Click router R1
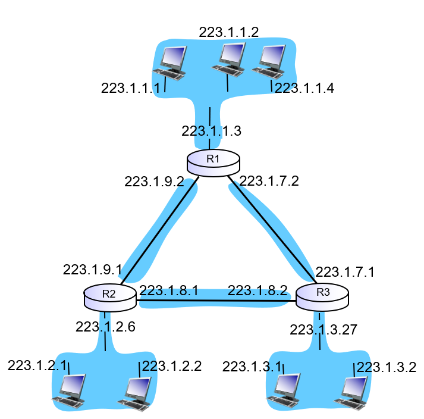(213, 162)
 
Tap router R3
(322, 296)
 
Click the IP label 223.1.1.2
(229, 33)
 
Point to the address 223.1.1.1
(131, 88)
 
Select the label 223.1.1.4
(304, 88)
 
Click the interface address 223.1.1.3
(212, 130)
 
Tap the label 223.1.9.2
(154, 182)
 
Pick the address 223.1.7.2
(268, 180)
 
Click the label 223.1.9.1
(93, 270)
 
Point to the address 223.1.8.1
(169, 290)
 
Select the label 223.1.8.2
(257, 290)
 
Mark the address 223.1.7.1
(345, 272)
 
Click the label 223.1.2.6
(105, 326)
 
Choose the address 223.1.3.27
(324, 330)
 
